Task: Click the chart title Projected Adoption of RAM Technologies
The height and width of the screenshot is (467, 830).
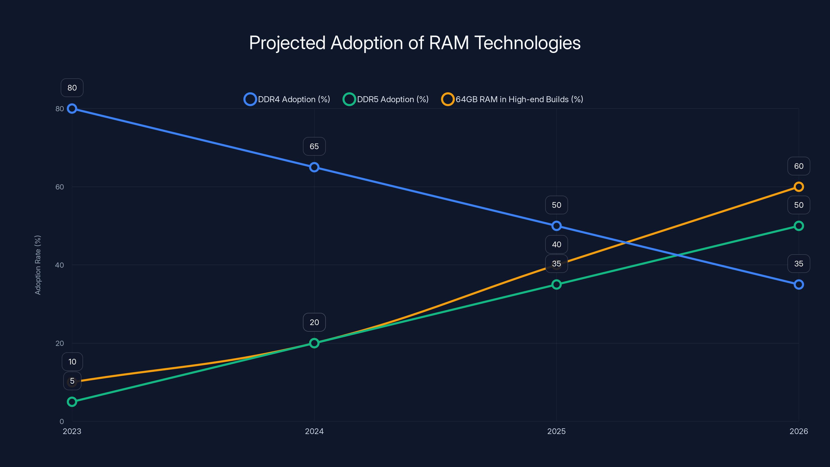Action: (415, 43)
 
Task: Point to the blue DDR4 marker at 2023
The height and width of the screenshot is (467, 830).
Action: (72, 109)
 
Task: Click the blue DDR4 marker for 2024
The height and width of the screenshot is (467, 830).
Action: (314, 167)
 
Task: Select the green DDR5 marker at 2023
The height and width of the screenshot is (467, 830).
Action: (72, 402)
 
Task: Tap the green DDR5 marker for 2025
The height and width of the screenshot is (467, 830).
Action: (556, 285)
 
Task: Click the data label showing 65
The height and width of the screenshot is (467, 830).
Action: (314, 146)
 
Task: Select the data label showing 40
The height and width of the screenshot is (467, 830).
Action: (556, 244)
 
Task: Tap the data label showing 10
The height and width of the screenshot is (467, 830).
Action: (72, 362)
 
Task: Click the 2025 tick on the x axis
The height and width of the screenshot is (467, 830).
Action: (556, 431)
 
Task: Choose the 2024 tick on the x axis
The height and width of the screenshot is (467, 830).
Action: (314, 431)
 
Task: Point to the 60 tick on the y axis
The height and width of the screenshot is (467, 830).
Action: (60, 187)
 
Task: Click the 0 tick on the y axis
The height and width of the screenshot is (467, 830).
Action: (61, 421)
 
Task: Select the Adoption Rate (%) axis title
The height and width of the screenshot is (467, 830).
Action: (38, 265)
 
